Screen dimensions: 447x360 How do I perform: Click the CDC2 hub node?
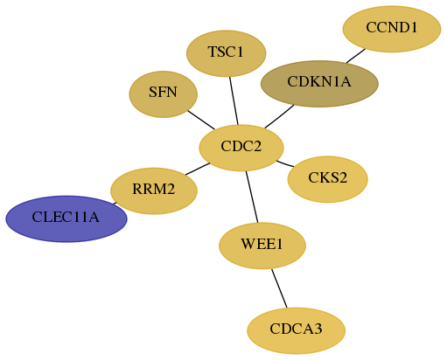(x=241, y=148)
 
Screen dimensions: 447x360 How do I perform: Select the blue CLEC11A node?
(x=66, y=218)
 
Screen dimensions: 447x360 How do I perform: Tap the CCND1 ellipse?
(x=392, y=29)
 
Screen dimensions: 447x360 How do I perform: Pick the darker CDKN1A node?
(x=319, y=84)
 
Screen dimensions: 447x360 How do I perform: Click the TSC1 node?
(x=227, y=53)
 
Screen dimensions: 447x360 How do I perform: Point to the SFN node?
(x=164, y=94)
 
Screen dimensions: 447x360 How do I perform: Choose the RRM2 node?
(x=154, y=190)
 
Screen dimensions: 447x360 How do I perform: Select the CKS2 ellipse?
(x=328, y=179)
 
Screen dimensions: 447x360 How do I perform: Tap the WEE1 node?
(x=262, y=246)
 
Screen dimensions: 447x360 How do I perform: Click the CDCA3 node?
(x=297, y=330)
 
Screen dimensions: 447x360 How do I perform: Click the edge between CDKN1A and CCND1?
(x=356, y=56)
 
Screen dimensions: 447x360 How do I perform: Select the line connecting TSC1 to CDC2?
(x=234, y=100)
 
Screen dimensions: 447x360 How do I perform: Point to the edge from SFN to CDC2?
(x=201, y=120)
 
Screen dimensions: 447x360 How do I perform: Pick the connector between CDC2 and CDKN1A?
(x=279, y=116)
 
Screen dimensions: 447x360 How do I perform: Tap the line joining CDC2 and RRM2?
(x=198, y=169)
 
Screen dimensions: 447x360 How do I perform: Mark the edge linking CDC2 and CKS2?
(x=285, y=163)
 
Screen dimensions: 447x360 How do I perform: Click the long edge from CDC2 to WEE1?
(x=252, y=197)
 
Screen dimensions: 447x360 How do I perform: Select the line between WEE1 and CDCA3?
(x=279, y=288)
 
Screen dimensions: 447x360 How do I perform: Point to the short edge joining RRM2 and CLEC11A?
(x=115, y=204)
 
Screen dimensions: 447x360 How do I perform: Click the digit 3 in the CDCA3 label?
(x=318, y=329)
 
